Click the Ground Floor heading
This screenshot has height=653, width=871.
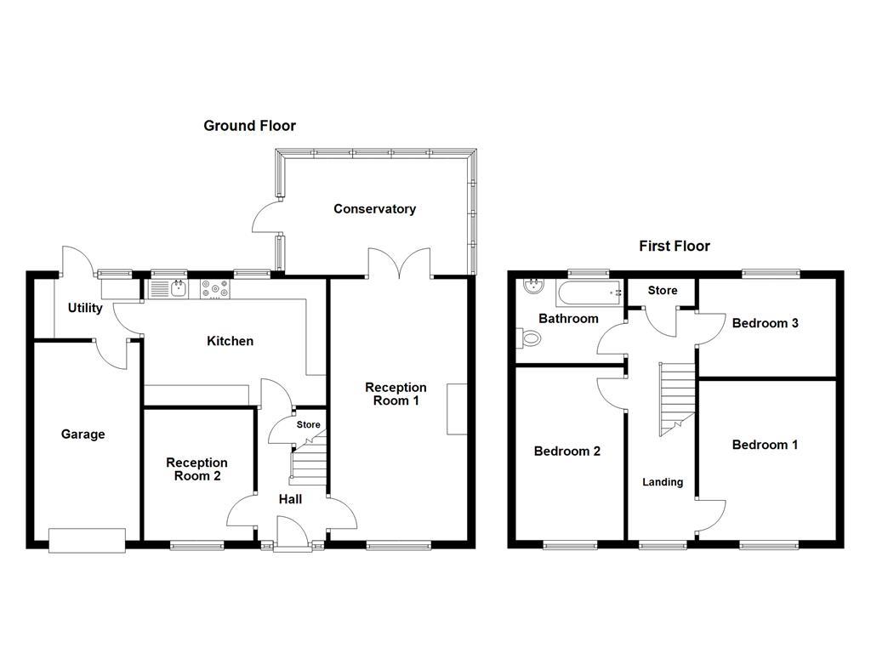[249, 126]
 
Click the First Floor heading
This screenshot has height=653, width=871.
[675, 247]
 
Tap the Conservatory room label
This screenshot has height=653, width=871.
[374, 208]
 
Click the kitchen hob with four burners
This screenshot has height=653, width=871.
[215, 289]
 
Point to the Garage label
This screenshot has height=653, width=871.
[83, 434]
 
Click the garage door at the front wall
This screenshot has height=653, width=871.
[87, 540]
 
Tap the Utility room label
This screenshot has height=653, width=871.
[85, 308]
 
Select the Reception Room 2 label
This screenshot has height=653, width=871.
[197, 469]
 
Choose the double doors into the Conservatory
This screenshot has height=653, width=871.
[399, 264]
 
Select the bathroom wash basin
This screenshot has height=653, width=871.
[534, 287]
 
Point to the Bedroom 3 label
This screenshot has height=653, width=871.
[765, 323]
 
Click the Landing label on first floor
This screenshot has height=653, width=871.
[662, 482]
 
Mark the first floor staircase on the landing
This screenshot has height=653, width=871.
[678, 396]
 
